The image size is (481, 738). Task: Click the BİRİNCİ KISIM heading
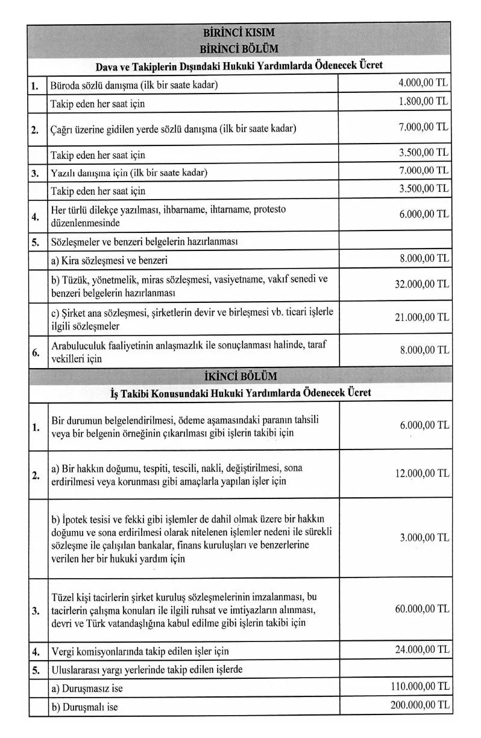(239, 33)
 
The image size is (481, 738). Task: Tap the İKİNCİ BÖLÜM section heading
(241, 376)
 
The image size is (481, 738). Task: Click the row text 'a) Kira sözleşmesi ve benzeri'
(109, 261)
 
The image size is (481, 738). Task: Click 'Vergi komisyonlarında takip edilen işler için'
(140, 651)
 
